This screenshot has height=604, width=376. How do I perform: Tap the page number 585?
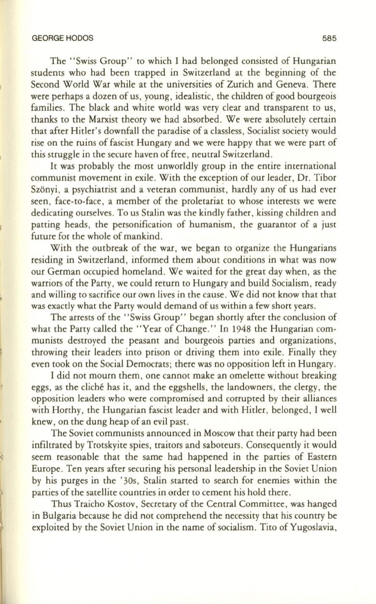pyautogui.click(x=333, y=38)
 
